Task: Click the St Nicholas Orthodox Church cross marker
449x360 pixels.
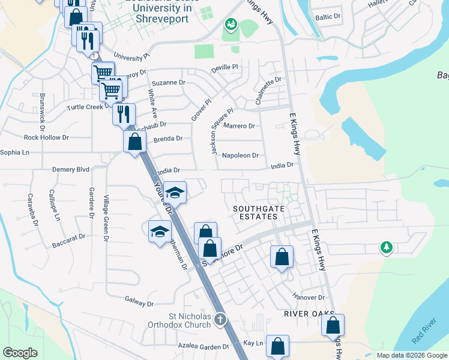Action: [220, 319]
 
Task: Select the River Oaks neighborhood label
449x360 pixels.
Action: [309, 314]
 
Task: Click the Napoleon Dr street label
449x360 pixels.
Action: [240, 155]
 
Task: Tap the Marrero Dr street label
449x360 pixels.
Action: [239, 126]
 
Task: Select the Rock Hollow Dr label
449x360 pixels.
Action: [46, 137]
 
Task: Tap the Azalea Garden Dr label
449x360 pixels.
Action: [203, 347]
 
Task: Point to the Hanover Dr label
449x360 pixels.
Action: [309, 297]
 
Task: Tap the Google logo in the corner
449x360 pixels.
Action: [20, 353]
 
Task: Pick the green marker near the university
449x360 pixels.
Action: [231, 25]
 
